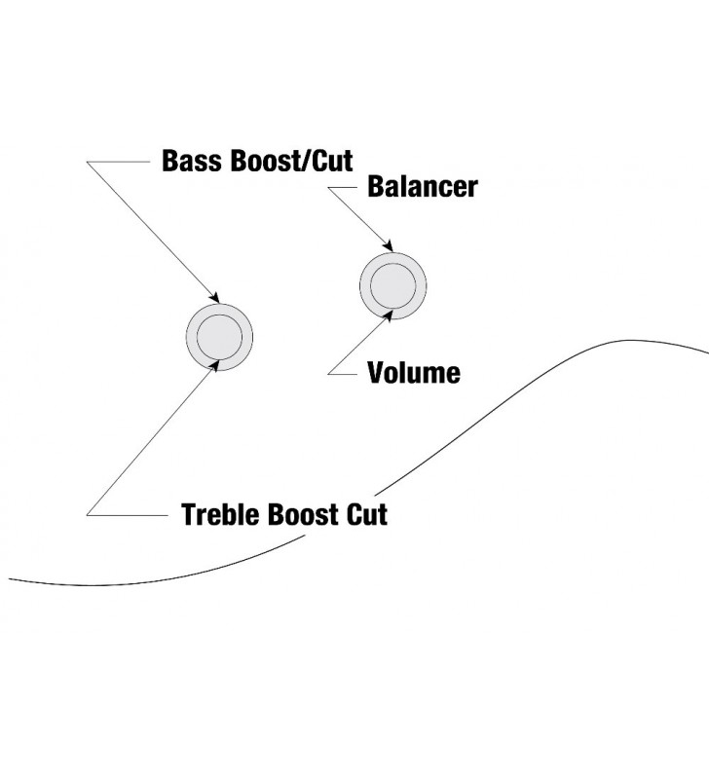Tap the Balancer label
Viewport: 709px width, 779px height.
pyautogui.click(x=422, y=187)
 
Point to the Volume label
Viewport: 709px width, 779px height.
pyautogui.click(x=413, y=373)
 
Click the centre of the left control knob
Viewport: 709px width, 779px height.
pyautogui.click(x=219, y=337)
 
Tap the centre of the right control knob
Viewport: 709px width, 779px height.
pyautogui.click(x=393, y=284)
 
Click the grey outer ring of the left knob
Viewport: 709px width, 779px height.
pyautogui.click(x=193, y=337)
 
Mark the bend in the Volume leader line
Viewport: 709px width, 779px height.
pyautogui.click(x=330, y=373)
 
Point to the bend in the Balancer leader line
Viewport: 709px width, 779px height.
pyautogui.click(x=329, y=188)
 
